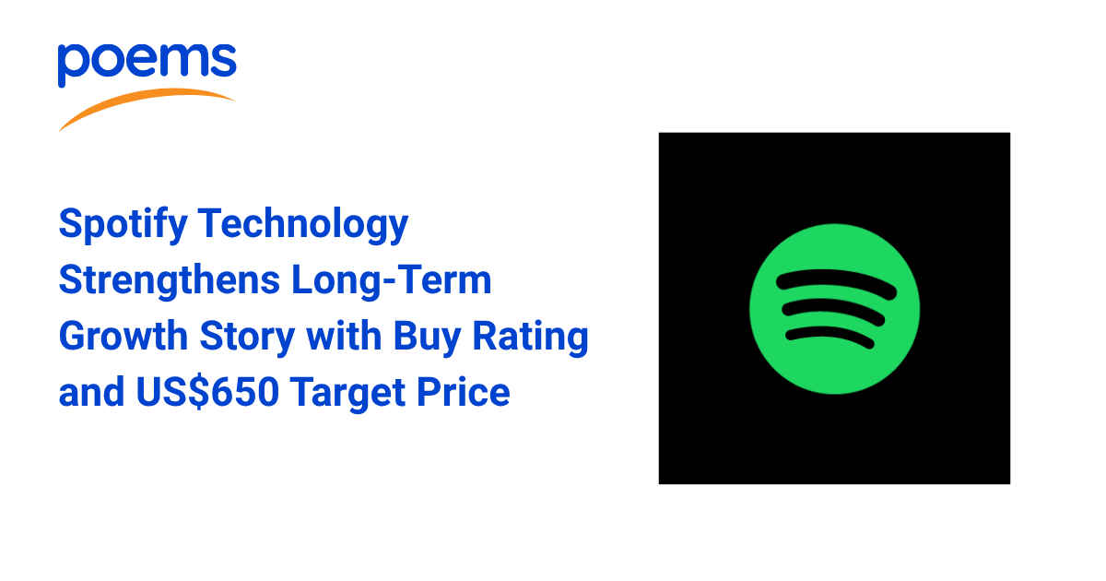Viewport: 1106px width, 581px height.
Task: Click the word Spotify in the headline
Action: pyautogui.click(x=123, y=225)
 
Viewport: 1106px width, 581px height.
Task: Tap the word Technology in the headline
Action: pyautogui.click(x=303, y=225)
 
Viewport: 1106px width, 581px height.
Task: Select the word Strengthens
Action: pyautogui.click(x=170, y=280)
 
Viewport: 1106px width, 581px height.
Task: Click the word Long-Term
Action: pyautogui.click(x=392, y=279)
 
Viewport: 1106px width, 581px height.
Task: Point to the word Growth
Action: pyautogui.click(x=124, y=336)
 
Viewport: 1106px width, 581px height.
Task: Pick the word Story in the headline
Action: pyautogui.click(x=247, y=337)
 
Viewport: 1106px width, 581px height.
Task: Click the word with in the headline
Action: pyautogui.click(x=344, y=336)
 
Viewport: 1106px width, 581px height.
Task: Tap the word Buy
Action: pyautogui.click(x=427, y=337)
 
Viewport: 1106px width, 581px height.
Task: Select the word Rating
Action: pyautogui.click(x=530, y=337)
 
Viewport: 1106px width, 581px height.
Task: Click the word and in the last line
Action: pyautogui.click(x=91, y=392)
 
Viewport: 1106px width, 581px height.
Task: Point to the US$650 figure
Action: pyautogui.click(x=208, y=392)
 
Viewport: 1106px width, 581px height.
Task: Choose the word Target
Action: pyautogui.click(x=347, y=393)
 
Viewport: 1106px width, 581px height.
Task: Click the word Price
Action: pyautogui.click(x=463, y=392)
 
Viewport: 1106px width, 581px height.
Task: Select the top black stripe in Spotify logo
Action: pyautogui.click(x=837, y=284)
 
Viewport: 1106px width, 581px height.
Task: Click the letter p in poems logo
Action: pyautogui.click(x=74, y=65)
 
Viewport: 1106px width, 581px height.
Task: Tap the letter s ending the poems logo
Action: pyautogui.click(x=224, y=61)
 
